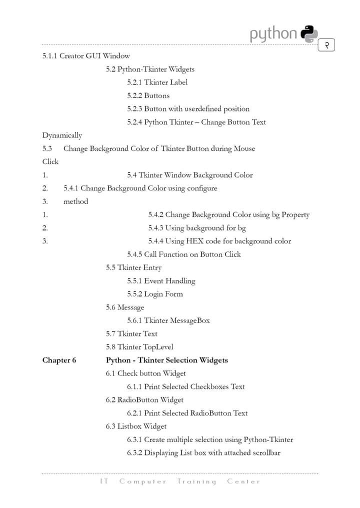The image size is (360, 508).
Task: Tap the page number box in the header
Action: click(x=326, y=45)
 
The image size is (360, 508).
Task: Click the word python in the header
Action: click(x=273, y=34)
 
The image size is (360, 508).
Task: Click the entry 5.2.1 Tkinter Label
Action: click(x=157, y=82)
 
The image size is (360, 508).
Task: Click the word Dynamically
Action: click(x=62, y=135)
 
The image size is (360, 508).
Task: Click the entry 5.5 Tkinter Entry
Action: click(x=133, y=267)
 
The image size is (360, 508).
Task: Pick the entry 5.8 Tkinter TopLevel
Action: click(x=139, y=347)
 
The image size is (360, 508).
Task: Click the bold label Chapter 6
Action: click(x=59, y=360)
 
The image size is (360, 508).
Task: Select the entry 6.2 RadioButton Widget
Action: click(x=144, y=400)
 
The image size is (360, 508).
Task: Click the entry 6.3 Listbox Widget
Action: click(x=136, y=426)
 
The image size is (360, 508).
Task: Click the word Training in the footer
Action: click(x=196, y=481)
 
